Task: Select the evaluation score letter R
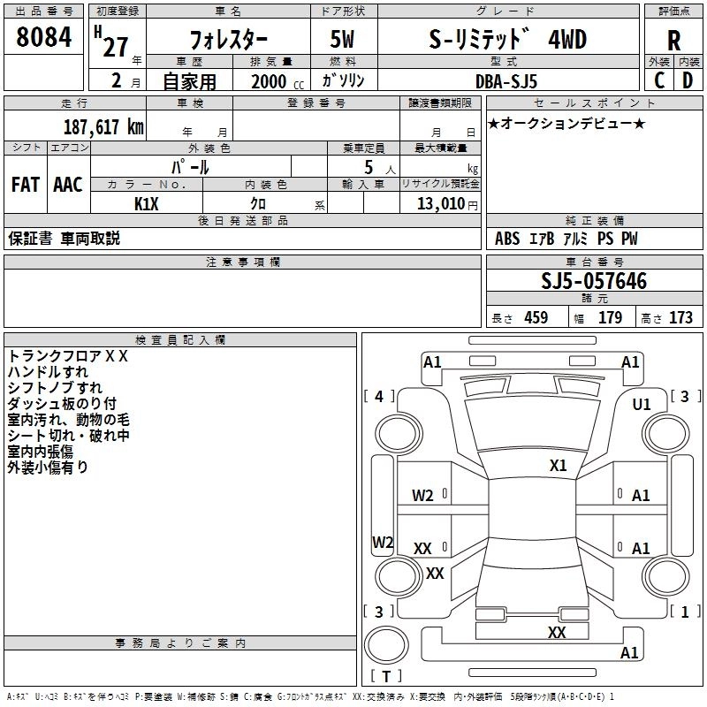[x=673, y=41]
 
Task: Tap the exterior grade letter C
[x=658, y=80]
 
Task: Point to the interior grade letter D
[x=688, y=80]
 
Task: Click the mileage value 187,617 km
[x=103, y=126]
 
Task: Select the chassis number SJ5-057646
[x=594, y=282]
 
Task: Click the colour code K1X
[x=147, y=203]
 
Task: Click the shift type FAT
[x=25, y=185]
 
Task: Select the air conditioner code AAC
[x=68, y=185]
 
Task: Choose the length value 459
[x=536, y=318]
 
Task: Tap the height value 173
[x=680, y=318]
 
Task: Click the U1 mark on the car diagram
[x=641, y=404]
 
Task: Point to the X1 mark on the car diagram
[x=558, y=465]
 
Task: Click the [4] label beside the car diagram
[x=379, y=397]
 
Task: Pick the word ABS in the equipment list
[x=507, y=239]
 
